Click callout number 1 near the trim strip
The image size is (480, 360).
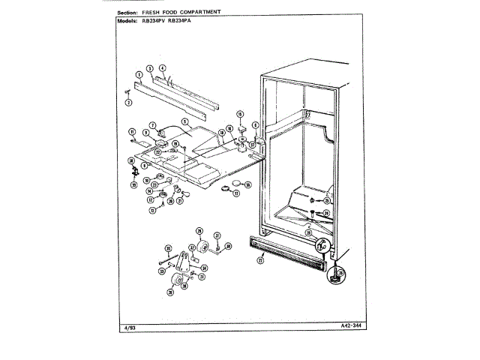[139, 74]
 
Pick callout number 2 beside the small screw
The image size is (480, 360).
[128, 102]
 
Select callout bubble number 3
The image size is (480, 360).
[150, 68]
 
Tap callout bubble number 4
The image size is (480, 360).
[162, 68]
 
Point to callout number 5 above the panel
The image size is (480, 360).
[184, 121]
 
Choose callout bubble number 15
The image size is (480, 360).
[240, 114]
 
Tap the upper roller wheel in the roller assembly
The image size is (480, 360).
[202, 248]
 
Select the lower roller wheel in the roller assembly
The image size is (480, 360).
[178, 281]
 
